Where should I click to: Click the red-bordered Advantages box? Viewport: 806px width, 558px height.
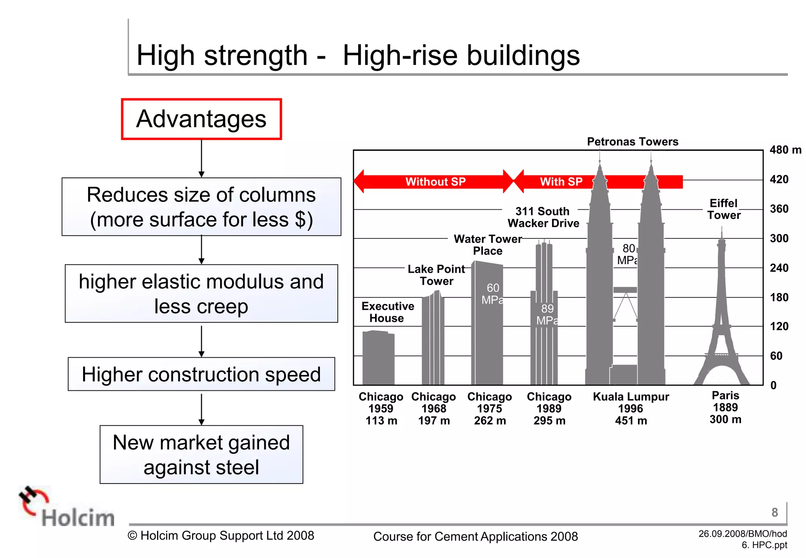tap(201, 119)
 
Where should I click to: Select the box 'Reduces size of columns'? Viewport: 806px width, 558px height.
tap(201, 207)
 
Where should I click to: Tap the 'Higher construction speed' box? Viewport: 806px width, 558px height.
tap(201, 374)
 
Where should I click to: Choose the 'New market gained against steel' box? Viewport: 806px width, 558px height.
tap(201, 455)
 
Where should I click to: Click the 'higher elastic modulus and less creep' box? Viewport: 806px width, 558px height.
tap(201, 294)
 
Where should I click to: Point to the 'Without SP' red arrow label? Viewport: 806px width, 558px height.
tap(435, 181)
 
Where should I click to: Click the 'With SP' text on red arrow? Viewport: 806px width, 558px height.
tap(561, 181)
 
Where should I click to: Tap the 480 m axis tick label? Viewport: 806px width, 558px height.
tap(785, 150)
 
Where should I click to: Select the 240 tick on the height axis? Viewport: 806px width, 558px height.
tap(779, 268)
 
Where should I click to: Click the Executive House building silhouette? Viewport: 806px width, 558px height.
tap(378, 358)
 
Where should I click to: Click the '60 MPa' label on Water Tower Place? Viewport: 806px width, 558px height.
tap(492, 294)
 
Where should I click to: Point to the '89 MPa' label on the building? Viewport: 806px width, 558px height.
tap(547, 314)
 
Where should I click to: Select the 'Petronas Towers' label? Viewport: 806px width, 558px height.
tap(632, 142)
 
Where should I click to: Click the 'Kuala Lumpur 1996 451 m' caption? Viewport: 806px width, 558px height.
tap(631, 408)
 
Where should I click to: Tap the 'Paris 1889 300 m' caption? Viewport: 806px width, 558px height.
tap(725, 407)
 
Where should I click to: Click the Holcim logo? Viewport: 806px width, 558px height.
tap(67, 508)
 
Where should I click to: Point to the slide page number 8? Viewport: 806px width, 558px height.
tap(775, 512)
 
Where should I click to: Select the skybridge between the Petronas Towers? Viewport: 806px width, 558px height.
tap(625, 290)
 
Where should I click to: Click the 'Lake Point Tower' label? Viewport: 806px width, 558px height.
tap(436, 275)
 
